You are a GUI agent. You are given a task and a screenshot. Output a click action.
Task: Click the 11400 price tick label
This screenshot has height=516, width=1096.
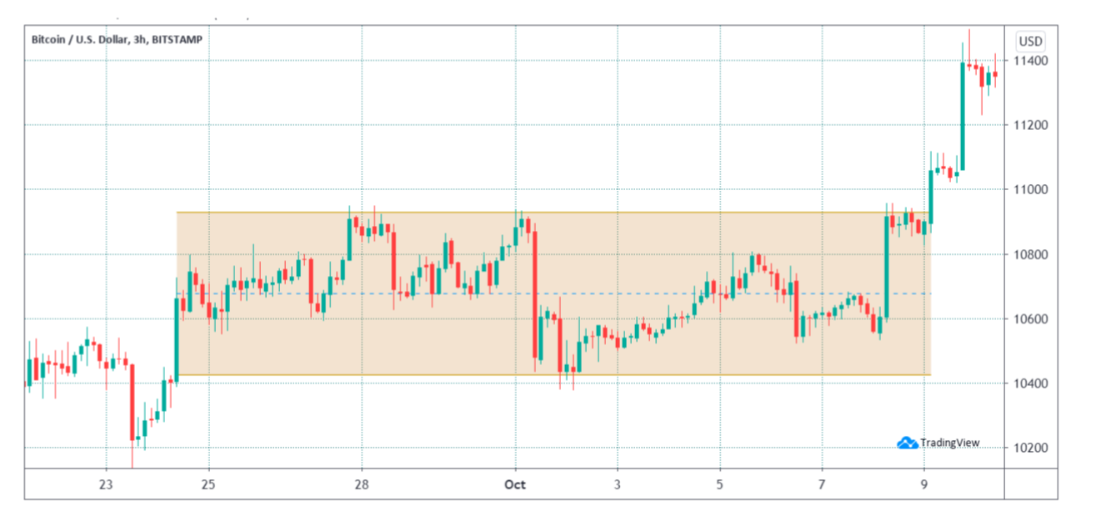click(1030, 62)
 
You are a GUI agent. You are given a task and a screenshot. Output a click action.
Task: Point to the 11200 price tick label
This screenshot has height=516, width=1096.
click(1030, 126)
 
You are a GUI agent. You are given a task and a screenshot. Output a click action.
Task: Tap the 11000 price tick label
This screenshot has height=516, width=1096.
click(1030, 190)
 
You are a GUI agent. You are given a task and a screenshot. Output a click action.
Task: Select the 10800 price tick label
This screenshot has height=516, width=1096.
click(1030, 255)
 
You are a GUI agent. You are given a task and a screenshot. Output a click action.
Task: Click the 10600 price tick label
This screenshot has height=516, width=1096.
click(1030, 319)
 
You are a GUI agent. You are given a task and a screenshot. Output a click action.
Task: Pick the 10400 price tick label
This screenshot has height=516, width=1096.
click(1030, 383)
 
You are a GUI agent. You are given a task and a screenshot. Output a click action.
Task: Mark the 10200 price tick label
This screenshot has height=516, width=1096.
click(1030, 448)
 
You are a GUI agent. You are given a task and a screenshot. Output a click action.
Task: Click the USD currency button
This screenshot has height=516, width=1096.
click(1030, 41)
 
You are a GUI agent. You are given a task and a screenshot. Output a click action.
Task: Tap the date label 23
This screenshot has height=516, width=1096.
click(106, 484)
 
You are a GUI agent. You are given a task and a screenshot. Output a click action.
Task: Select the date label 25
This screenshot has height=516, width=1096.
click(209, 484)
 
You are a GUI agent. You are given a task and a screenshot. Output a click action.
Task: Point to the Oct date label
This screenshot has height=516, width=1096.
click(515, 484)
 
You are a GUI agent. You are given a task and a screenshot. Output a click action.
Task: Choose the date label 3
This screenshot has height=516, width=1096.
click(618, 484)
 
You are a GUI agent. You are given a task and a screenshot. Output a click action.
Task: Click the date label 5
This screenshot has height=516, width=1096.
click(719, 484)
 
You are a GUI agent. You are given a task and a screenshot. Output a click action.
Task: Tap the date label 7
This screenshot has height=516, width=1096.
click(822, 484)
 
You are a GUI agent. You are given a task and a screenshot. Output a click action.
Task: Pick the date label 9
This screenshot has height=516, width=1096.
click(924, 484)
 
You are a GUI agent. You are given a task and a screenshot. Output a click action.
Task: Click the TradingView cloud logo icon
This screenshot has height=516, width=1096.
click(908, 443)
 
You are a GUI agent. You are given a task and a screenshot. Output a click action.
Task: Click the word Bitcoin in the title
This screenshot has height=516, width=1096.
click(48, 39)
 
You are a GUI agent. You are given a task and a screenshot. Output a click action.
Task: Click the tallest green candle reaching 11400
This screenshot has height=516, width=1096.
click(963, 116)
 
